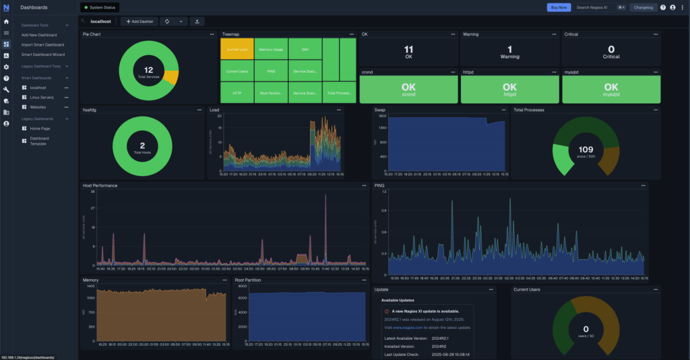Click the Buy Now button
tap(559, 7)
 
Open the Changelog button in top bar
tap(643, 7)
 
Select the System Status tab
tap(100, 7)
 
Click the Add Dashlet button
tap(139, 22)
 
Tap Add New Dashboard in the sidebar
tap(39, 35)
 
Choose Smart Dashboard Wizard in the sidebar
tap(43, 54)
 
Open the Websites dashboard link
tap(38, 107)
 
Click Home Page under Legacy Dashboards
tap(40, 128)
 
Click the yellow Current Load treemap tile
tap(237, 50)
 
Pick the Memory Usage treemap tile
tap(271, 50)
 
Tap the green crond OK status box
tap(408, 90)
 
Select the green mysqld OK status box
tap(610, 90)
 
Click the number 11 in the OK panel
tap(408, 49)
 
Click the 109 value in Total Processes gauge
tap(586, 149)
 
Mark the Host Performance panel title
tap(100, 185)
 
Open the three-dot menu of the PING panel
tap(644, 185)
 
